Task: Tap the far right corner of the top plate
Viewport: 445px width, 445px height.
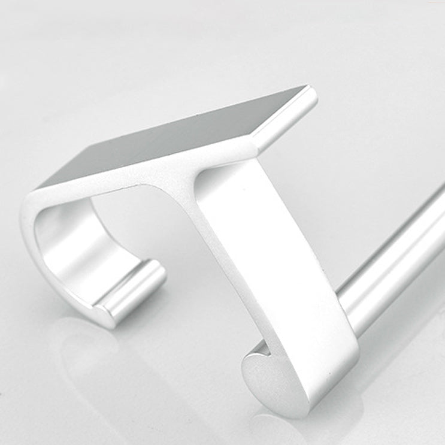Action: (311, 88)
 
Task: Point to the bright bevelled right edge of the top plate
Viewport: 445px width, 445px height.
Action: (287, 117)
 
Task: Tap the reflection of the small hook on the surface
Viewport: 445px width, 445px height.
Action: (90, 353)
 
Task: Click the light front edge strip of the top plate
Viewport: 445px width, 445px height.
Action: (150, 171)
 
